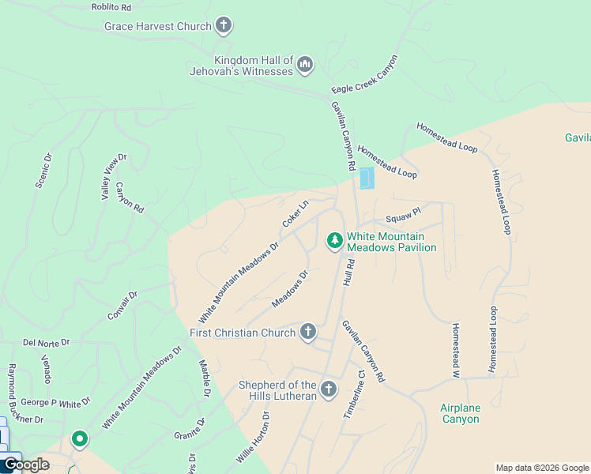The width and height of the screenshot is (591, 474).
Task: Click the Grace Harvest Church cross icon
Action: coord(224,26)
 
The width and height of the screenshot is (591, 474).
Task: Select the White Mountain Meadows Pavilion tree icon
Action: coord(335,239)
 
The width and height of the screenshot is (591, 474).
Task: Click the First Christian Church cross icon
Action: coord(308,332)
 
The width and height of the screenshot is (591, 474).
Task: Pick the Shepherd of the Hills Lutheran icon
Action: coord(329,389)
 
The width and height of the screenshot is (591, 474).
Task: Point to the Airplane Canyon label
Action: coord(460,413)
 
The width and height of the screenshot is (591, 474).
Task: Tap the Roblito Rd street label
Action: coord(111,6)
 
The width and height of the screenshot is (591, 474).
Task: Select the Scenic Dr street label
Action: coord(43,170)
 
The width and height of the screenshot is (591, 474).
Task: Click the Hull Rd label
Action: coord(348,275)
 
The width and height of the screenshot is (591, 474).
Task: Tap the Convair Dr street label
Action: coord(122,306)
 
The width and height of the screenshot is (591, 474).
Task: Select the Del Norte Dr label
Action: coord(47,343)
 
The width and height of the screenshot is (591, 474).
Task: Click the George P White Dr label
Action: coord(51,402)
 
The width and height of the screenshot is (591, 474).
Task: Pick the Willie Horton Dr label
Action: coord(253,438)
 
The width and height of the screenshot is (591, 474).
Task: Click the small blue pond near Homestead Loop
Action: coord(367,179)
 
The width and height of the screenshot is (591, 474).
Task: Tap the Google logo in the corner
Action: coord(25,465)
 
